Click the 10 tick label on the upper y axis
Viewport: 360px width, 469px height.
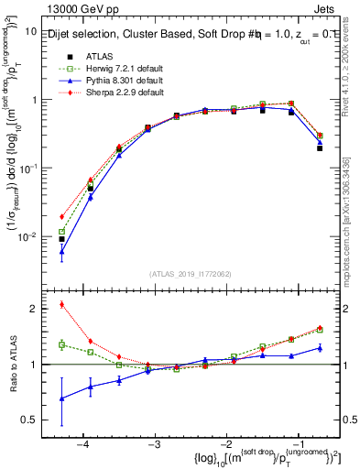pos(30,31)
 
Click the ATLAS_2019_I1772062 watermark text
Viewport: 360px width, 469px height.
pos(191,274)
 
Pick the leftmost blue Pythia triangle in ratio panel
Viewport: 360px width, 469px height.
pos(61,398)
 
